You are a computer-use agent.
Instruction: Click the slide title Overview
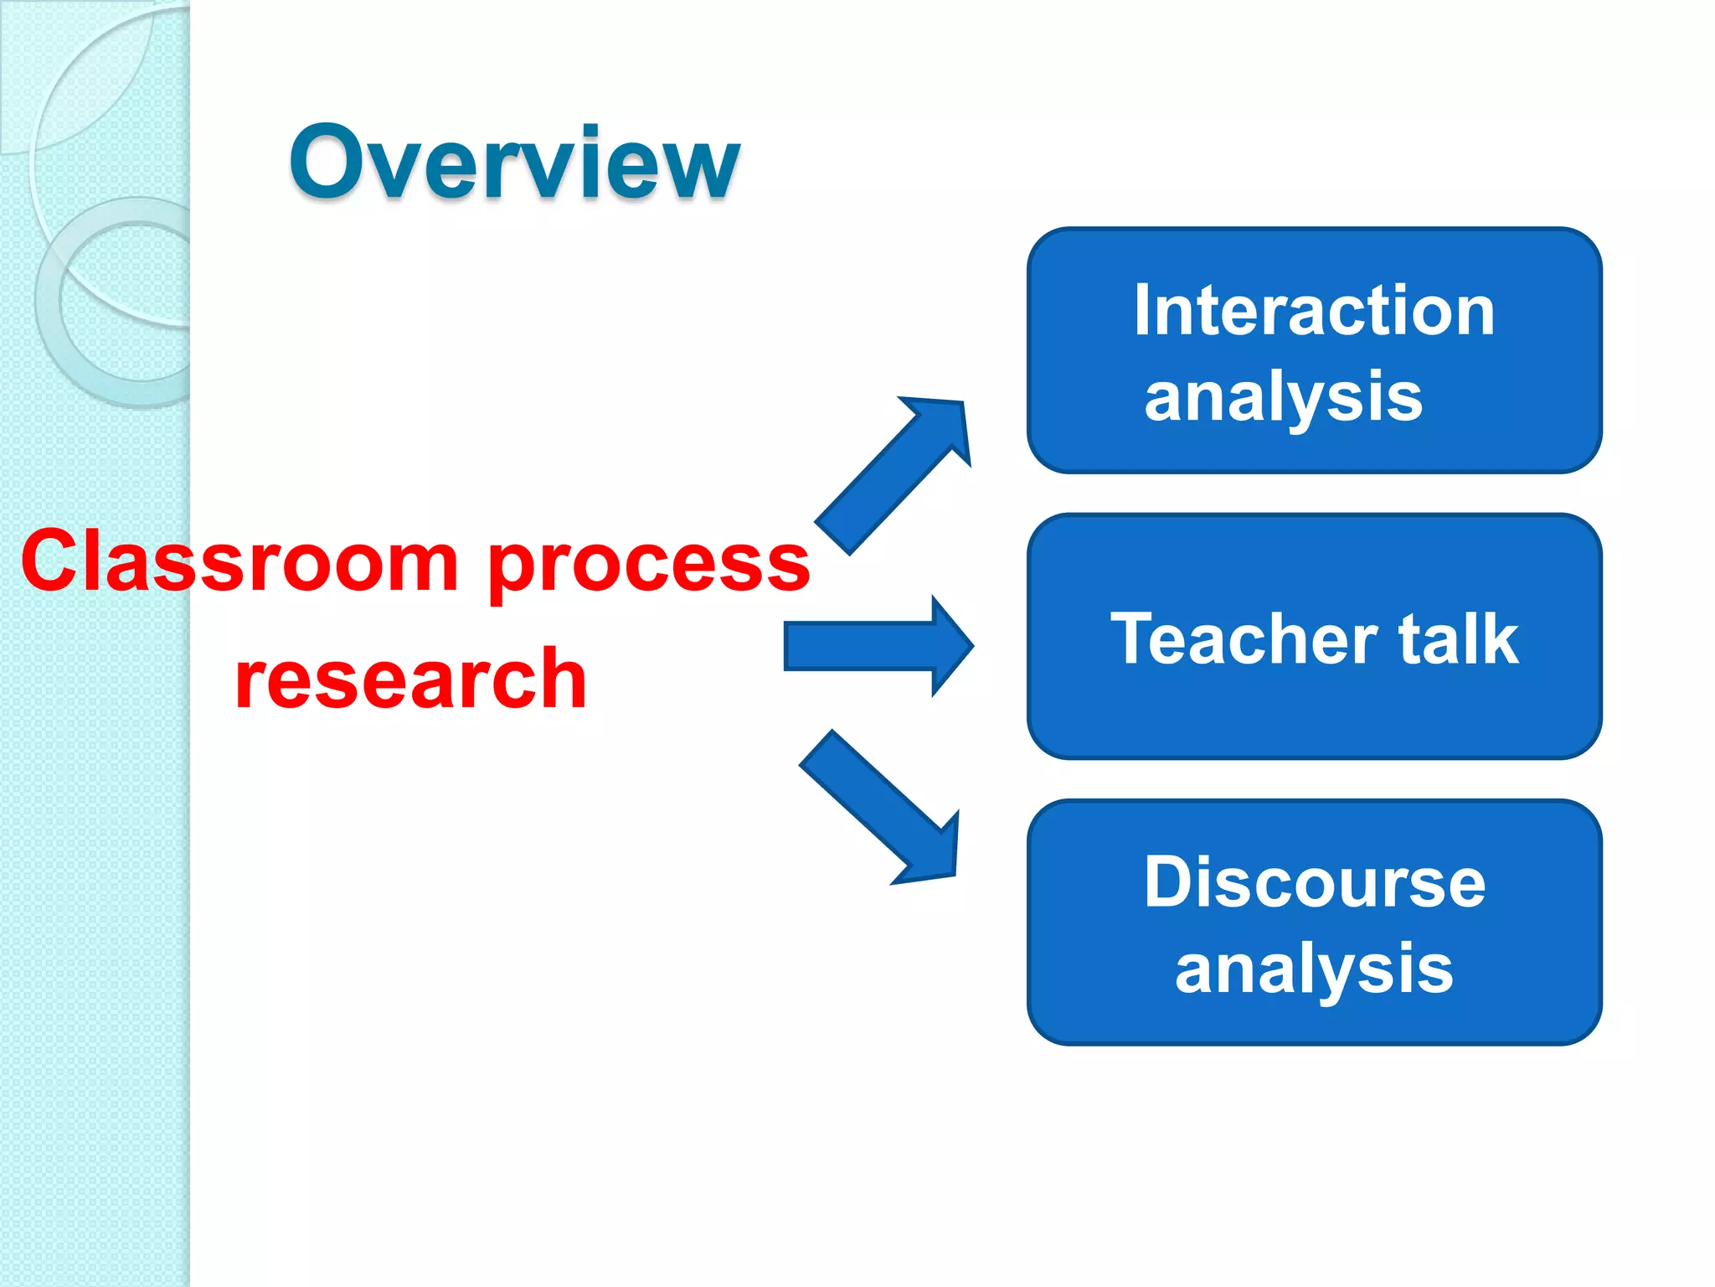514,163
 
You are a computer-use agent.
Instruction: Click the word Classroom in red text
239,561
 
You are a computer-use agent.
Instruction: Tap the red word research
410,679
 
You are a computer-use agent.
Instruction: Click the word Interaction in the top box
1314,311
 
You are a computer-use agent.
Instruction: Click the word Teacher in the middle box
1243,639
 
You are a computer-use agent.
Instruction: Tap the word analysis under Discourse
1314,970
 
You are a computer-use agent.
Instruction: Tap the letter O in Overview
330,163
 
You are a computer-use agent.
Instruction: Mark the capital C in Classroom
54,561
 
